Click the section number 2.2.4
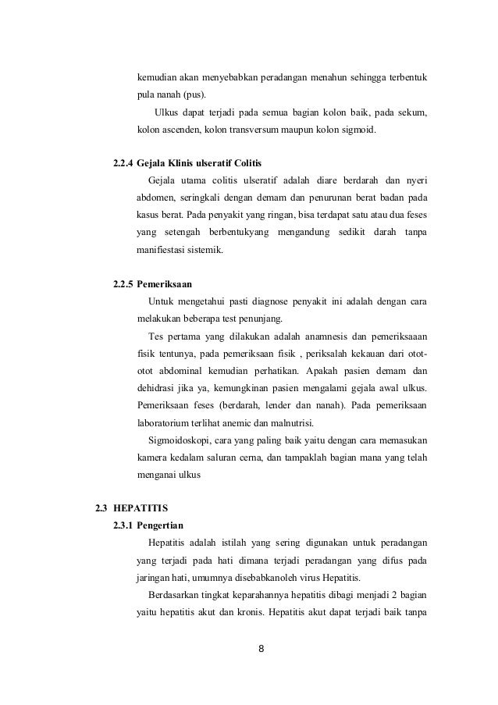[x=123, y=164]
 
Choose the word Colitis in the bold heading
[x=244, y=164]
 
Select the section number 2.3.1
[x=123, y=525]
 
